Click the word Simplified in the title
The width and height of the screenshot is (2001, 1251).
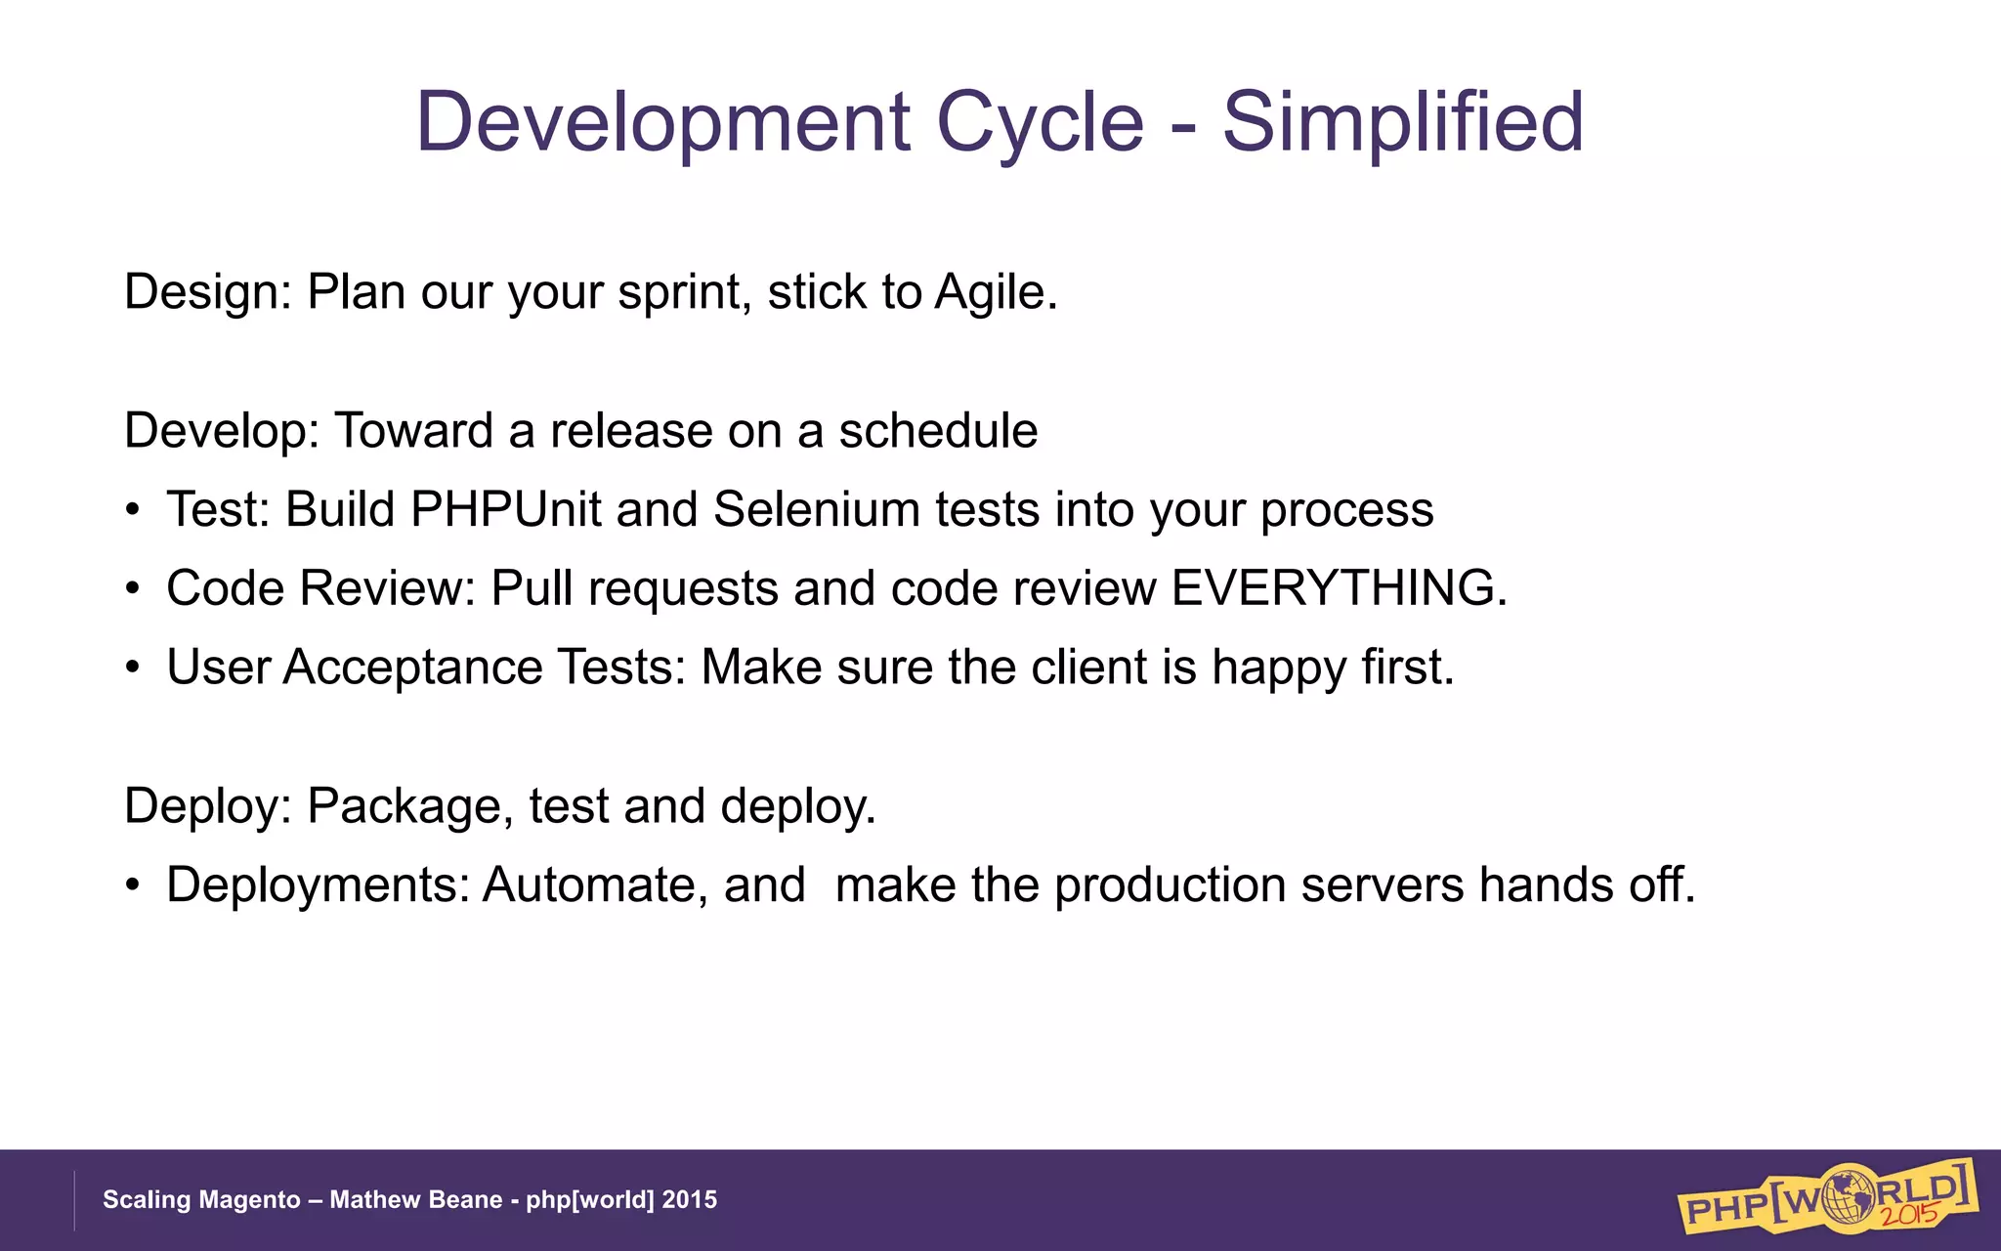click(x=1402, y=122)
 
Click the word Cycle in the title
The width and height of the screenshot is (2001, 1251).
click(x=1040, y=122)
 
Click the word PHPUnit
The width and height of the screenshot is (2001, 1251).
click(x=505, y=510)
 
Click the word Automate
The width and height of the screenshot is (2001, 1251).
click(x=595, y=885)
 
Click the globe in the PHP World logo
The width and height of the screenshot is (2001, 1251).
click(x=1847, y=1194)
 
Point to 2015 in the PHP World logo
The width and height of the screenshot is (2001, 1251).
click(x=1910, y=1215)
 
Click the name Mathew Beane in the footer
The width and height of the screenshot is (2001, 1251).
click(x=415, y=1200)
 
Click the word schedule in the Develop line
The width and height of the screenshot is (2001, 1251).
click(x=938, y=431)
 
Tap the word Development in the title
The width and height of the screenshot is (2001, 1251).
click(x=663, y=122)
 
